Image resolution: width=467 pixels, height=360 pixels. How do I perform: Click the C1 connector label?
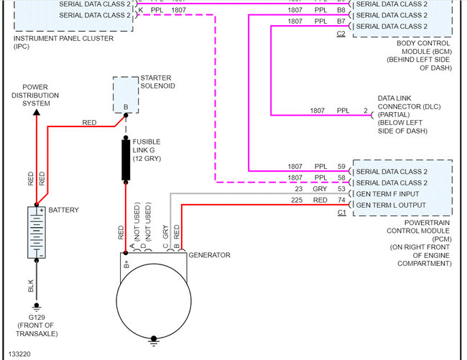pos(341,213)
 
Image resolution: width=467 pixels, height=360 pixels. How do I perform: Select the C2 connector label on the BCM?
pos(341,34)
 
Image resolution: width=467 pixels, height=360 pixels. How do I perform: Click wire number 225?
pos(296,200)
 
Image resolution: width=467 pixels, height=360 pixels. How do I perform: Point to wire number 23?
pos(298,188)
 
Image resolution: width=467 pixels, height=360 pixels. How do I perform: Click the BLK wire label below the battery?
pos(31,286)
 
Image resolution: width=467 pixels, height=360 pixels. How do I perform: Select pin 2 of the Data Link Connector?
pos(365,111)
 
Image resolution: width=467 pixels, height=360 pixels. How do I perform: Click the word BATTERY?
pos(64,210)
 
